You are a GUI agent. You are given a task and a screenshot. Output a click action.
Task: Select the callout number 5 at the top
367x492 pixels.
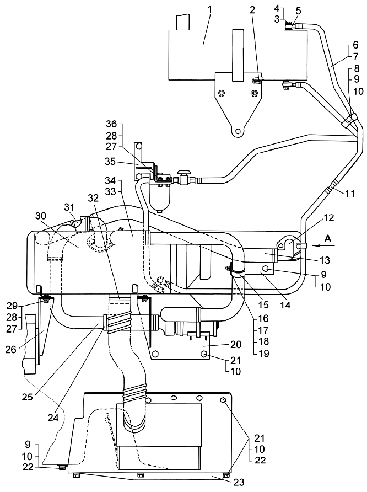[298, 10]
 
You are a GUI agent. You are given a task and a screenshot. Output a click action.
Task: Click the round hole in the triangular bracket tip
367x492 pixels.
[238, 132]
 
